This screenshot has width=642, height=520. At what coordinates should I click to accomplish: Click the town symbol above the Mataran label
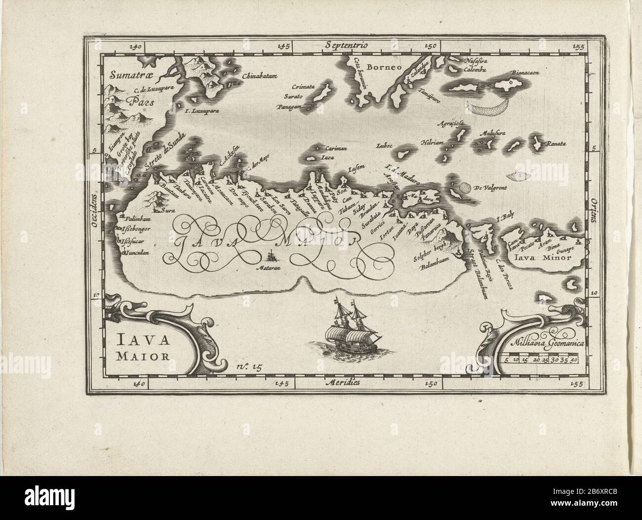[271, 256]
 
